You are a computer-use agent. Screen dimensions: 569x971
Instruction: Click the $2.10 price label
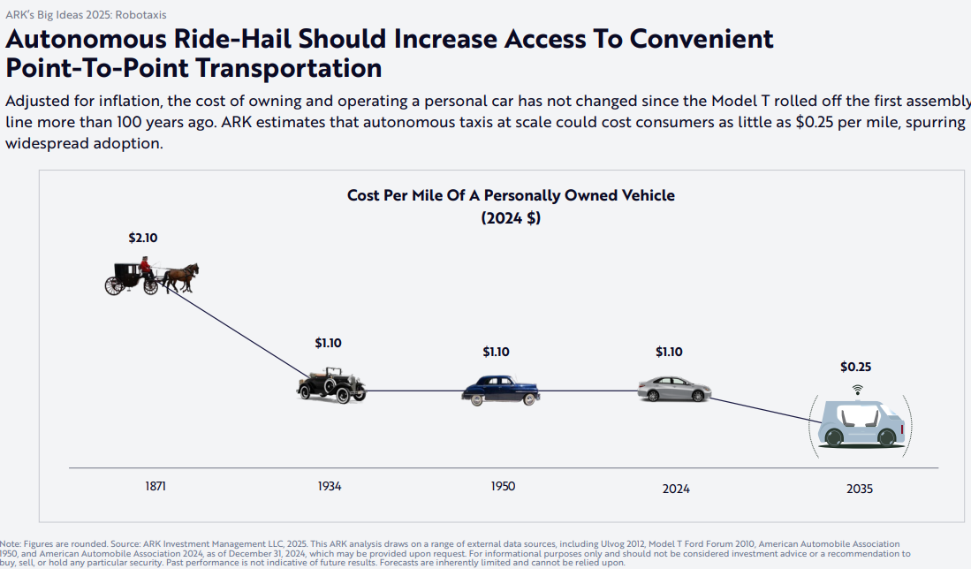[143, 238]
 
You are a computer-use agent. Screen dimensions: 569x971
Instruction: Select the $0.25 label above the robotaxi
[856, 367]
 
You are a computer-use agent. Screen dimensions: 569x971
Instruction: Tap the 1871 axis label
[156, 486]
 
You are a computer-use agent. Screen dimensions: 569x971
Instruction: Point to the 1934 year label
[330, 487]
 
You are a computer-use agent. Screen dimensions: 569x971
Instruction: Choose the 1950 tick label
[503, 487]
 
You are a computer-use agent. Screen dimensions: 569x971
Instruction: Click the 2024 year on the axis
[676, 488]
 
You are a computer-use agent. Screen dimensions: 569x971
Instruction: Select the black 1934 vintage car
[331, 386]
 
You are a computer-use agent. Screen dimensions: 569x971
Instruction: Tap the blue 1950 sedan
[500, 391]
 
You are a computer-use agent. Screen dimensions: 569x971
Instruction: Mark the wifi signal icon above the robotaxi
[856, 389]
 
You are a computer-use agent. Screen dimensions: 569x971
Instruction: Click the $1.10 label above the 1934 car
[328, 343]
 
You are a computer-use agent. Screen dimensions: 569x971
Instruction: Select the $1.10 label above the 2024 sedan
[669, 352]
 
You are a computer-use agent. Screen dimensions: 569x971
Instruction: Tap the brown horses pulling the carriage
[181, 276]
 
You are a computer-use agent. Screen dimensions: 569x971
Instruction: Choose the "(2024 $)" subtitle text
[511, 218]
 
